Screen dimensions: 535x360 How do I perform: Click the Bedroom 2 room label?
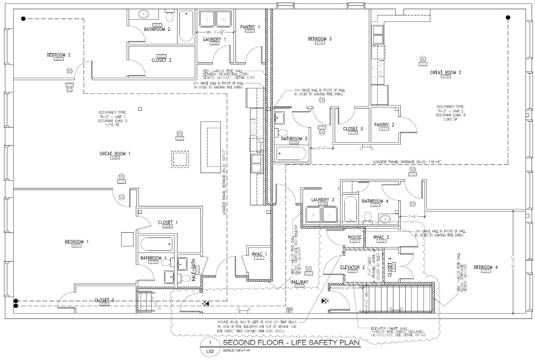pyautogui.click(x=58, y=55)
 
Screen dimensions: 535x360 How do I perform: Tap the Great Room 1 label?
pyautogui.click(x=115, y=154)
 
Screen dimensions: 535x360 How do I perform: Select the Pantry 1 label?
pyautogui.click(x=250, y=27)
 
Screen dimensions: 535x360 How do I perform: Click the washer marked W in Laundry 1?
pyautogui.click(x=223, y=19)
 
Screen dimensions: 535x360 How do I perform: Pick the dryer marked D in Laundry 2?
pyautogui.click(x=329, y=215)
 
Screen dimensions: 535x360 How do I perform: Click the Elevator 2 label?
pyautogui.click(x=353, y=267)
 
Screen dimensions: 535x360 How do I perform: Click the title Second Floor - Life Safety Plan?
pyautogui.click(x=291, y=342)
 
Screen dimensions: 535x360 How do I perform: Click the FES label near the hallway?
pyautogui.click(x=288, y=309)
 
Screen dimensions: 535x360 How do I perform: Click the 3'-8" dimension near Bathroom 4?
pyautogui.click(x=412, y=216)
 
